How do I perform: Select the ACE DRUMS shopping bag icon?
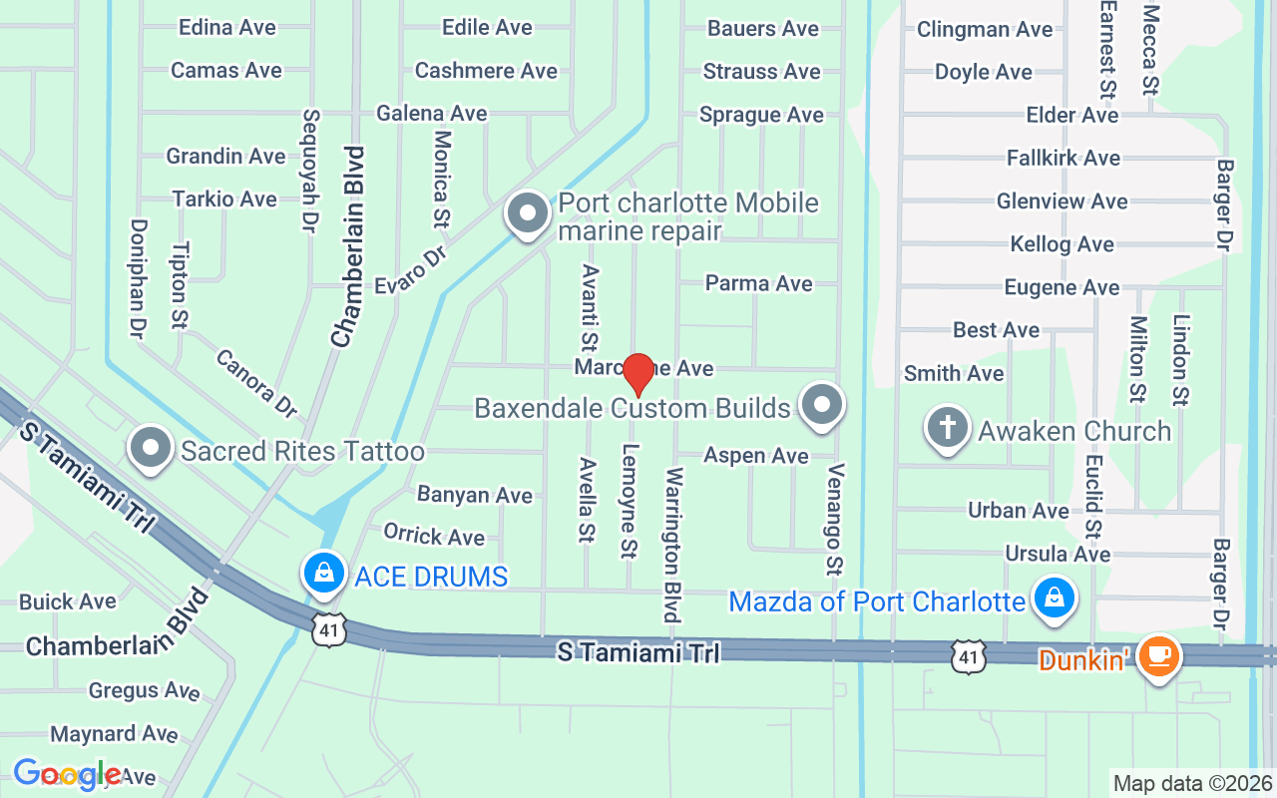(323, 574)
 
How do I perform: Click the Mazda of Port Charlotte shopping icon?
(1053, 598)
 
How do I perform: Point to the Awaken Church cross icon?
(948, 428)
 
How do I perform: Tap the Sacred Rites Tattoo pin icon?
(152, 447)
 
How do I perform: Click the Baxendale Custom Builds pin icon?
(823, 405)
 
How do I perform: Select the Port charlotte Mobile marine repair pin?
(528, 212)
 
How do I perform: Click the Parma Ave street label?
(758, 283)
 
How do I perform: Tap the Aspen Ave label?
(756, 456)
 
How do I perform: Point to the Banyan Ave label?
(475, 495)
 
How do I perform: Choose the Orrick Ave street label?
(434, 536)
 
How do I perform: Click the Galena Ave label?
(431, 113)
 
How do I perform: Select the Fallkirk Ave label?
(1064, 158)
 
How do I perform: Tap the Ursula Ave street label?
(1058, 554)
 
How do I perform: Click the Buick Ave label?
(68, 601)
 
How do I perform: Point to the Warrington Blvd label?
(672, 544)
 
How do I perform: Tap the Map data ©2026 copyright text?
(1192, 783)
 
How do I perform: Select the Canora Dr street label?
(256, 383)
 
